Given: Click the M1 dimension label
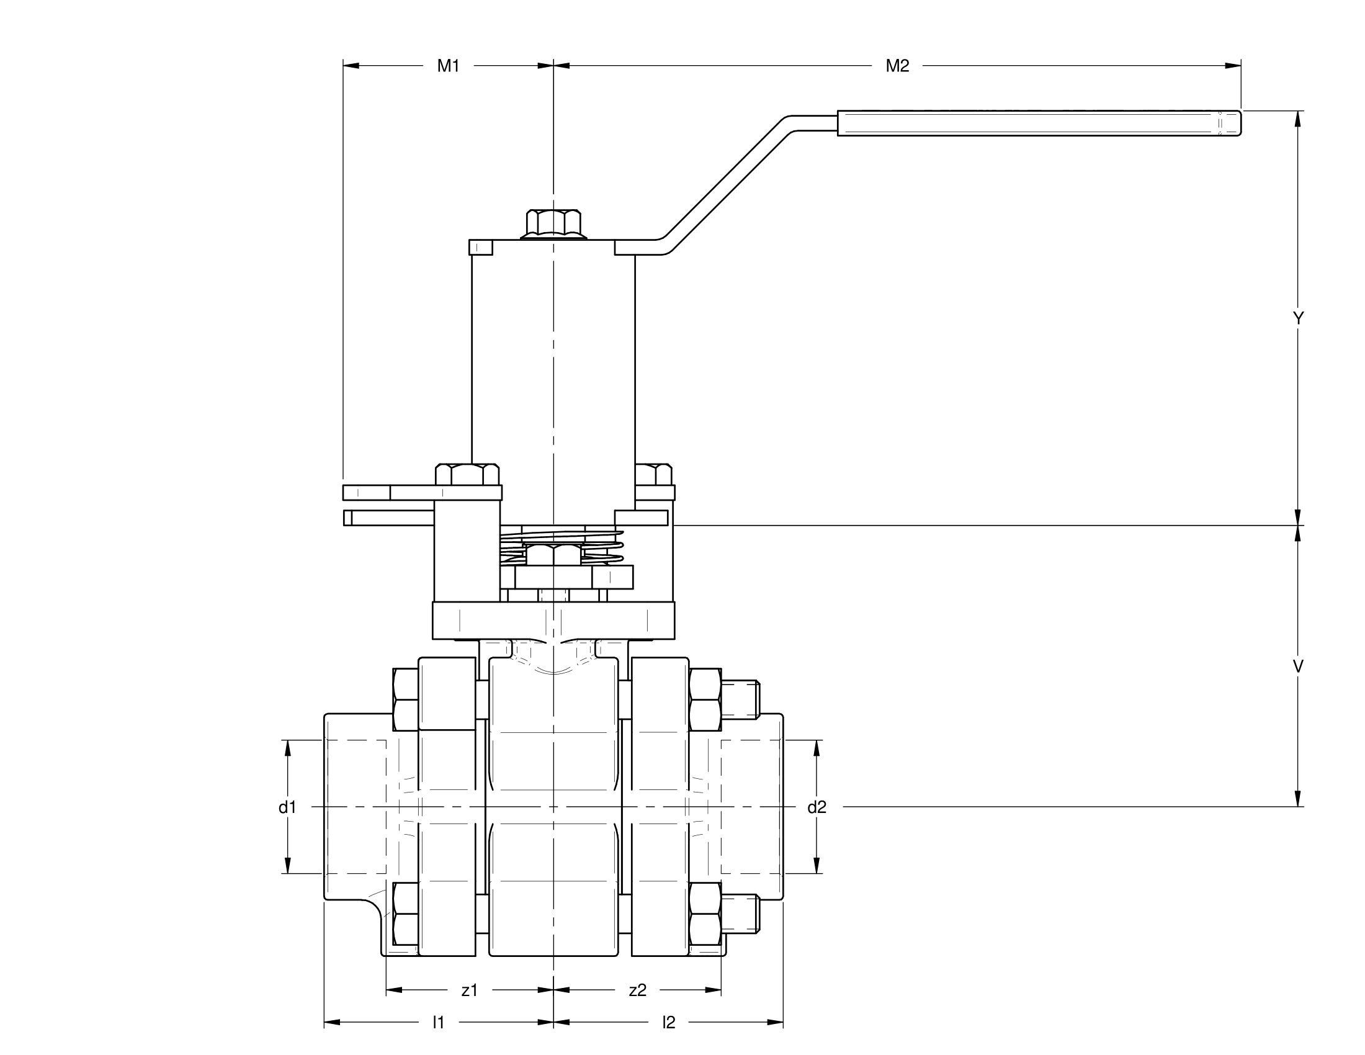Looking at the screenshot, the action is (x=448, y=66).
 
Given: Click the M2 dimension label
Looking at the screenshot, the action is (x=898, y=66).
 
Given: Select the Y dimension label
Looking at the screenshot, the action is (x=1298, y=318).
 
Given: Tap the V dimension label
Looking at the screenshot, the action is (x=1298, y=667).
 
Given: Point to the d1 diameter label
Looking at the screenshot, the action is (x=287, y=807).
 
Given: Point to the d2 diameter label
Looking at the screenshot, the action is (x=817, y=807).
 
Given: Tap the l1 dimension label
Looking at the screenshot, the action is (x=438, y=1023).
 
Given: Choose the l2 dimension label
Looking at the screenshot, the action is (x=669, y=1023).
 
